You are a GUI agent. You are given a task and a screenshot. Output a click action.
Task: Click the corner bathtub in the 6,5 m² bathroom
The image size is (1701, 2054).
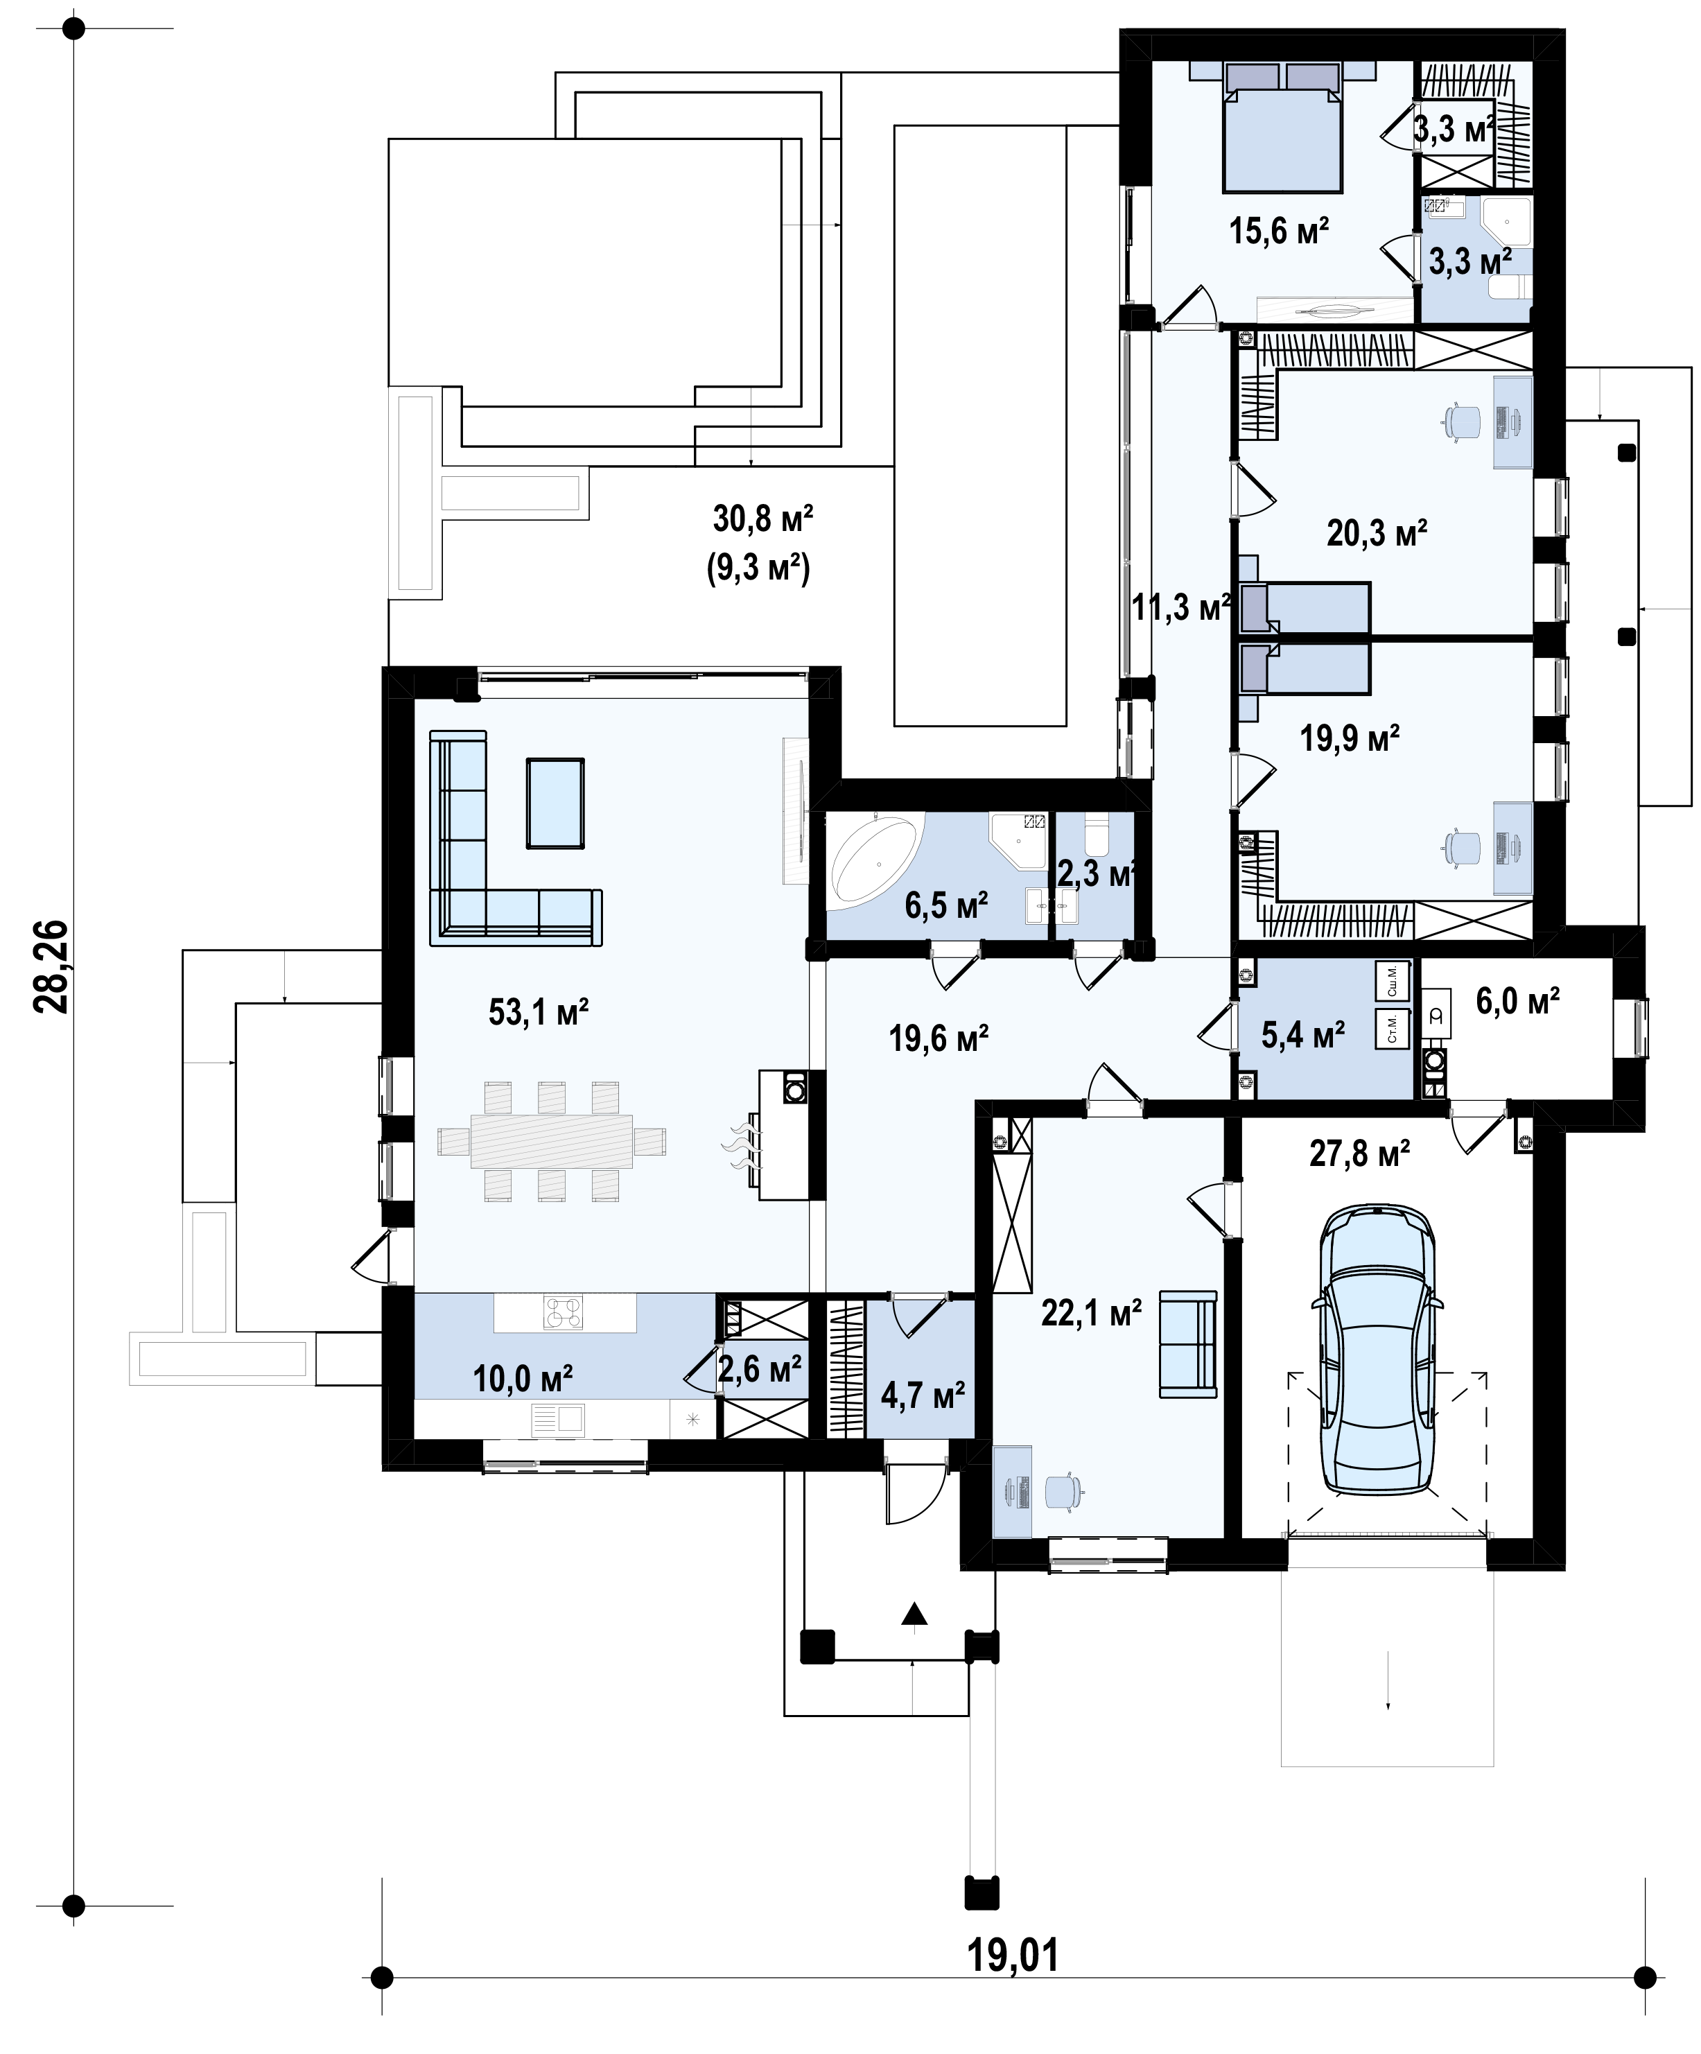pyautogui.click(x=875, y=860)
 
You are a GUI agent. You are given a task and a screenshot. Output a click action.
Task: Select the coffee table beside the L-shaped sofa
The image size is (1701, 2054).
pyautogui.click(x=556, y=803)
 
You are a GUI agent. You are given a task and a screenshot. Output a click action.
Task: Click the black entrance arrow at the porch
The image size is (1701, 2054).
pyautogui.click(x=914, y=1613)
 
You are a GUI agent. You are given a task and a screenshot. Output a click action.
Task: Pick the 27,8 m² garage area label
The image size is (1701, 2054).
pyautogui.click(x=1360, y=1154)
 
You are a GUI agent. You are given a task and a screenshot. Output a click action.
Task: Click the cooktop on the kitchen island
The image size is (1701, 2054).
pyautogui.click(x=564, y=1312)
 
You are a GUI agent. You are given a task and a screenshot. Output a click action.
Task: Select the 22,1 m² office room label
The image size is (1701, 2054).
pyautogui.click(x=1092, y=1312)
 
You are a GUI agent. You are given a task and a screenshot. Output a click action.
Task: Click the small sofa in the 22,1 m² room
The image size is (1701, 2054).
pyautogui.click(x=1189, y=1345)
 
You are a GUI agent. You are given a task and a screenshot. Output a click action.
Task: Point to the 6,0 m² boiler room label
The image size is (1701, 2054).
pyautogui.click(x=1518, y=1002)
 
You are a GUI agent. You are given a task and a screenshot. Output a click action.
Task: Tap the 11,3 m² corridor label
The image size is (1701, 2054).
pyautogui.click(x=1180, y=607)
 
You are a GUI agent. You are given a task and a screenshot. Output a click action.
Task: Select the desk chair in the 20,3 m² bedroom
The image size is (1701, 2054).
pyautogui.click(x=1461, y=421)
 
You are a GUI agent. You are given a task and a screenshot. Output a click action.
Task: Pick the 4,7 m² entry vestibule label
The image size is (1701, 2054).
pyautogui.click(x=923, y=1395)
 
